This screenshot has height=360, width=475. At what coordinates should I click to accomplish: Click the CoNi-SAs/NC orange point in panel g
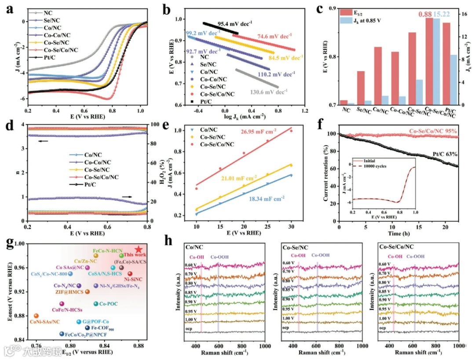pyautogui.click(x=36, y=316)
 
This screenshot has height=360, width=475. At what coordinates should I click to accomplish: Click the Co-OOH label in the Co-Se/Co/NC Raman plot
pyautogui.click(x=415, y=256)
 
